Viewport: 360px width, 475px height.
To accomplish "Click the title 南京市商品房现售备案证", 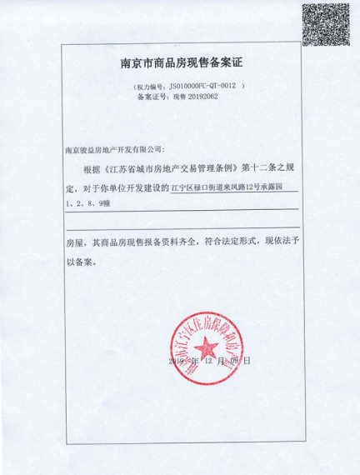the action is click(180, 63).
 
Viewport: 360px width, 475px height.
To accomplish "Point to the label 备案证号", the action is click(149, 97).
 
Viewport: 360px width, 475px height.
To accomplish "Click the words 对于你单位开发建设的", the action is click(126, 187).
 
